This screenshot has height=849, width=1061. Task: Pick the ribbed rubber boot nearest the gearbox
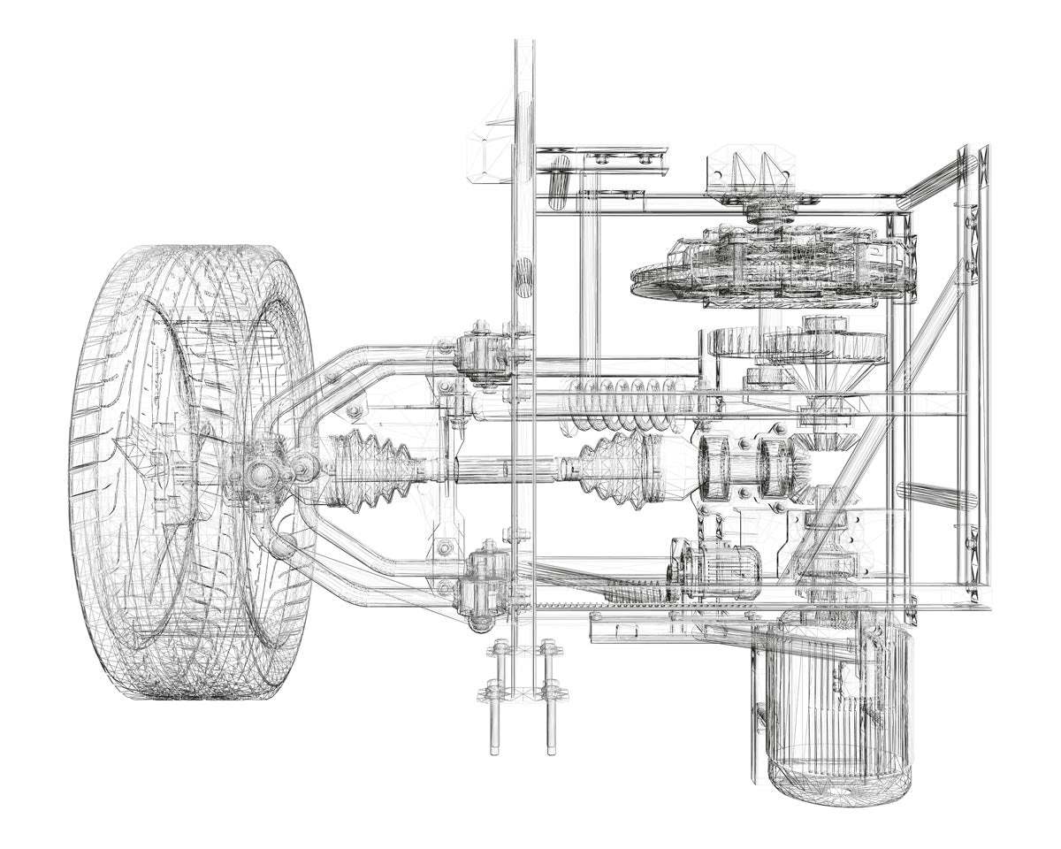coord(620,463)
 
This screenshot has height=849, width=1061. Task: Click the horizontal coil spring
coord(628,403)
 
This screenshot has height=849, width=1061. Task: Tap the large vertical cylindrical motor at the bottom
coord(836,707)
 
